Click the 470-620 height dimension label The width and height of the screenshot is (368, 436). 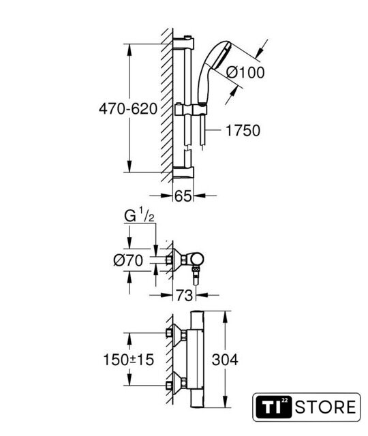tap(128, 108)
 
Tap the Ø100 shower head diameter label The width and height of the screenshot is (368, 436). tap(245, 73)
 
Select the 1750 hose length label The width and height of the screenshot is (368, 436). tap(243, 130)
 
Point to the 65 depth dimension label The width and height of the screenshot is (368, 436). tap(183, 196)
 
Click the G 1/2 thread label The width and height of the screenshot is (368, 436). tap(139, 215)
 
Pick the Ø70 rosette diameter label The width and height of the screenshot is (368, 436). tap(128, 260)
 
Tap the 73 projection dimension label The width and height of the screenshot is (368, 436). tap(184, 295)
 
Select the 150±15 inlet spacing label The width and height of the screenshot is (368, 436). tap(129, 360)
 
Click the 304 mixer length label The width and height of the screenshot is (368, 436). tap(225, 360)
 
